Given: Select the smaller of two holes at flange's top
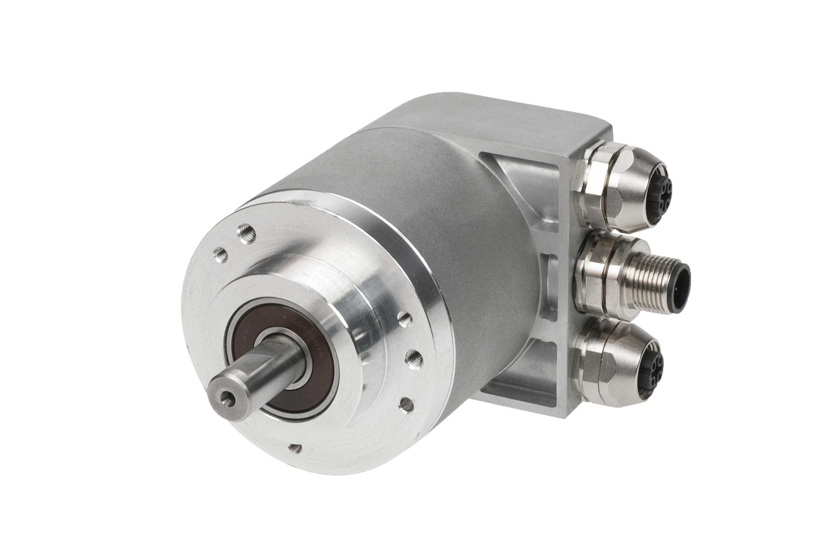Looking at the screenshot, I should pyautogui.click(x=219, y=251).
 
